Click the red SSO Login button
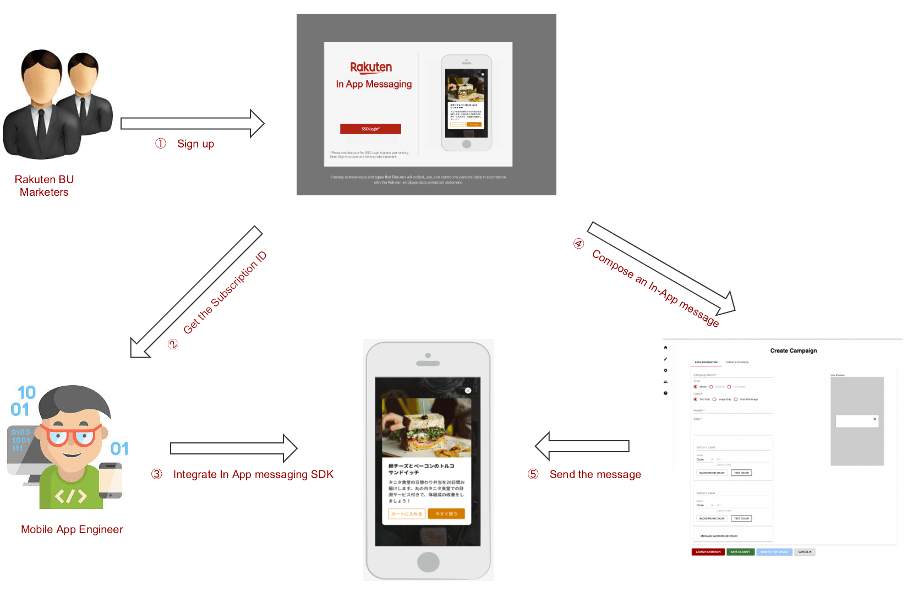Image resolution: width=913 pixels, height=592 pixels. [370, 129]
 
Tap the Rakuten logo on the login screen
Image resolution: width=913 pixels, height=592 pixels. [371, 67]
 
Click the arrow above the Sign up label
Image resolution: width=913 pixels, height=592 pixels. [192, 123]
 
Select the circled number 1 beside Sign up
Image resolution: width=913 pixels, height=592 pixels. [160, 144]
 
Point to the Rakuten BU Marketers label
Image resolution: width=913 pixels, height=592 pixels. [44, 186]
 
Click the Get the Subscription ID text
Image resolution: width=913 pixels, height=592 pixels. [225, 292]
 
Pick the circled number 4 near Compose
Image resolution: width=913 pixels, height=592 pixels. [578, 243]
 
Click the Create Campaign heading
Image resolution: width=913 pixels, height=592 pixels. [793, 350]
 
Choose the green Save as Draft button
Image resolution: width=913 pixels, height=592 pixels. [740, 552]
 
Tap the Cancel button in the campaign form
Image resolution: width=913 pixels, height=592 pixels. [805, 552]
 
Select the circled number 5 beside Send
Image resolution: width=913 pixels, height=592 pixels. [533, 474]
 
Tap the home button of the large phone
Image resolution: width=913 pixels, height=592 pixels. [428, 562]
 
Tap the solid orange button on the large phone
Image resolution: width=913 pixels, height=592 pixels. [446, 514]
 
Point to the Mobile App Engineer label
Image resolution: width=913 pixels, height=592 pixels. [72, 529]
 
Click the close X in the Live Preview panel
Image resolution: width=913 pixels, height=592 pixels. [874, 419]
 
